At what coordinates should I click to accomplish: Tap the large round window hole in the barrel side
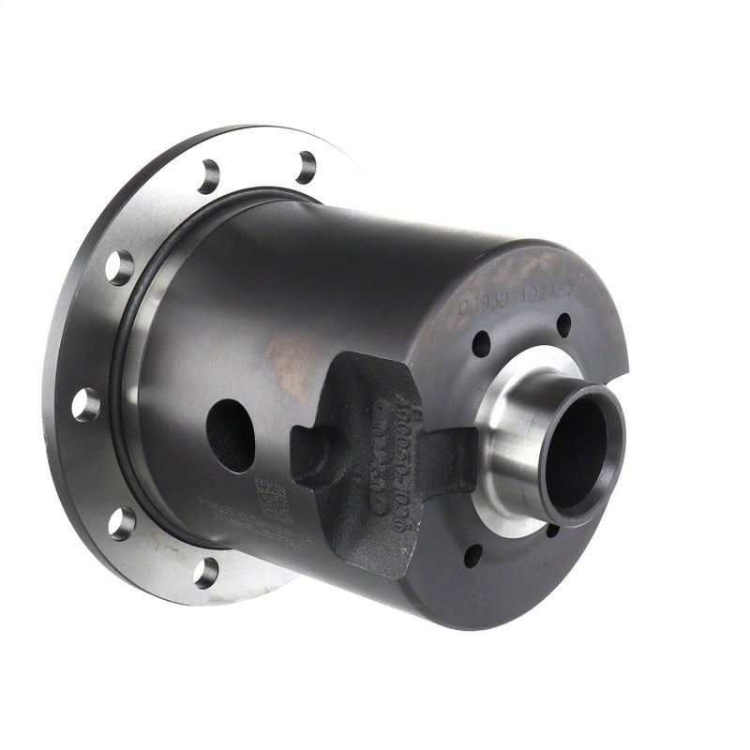(231, 435)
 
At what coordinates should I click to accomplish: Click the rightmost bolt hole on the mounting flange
(306, 167)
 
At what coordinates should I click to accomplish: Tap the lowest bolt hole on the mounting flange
(206, 571)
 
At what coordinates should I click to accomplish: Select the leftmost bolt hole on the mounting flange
(86, 404)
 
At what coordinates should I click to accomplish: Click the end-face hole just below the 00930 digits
(481, 343)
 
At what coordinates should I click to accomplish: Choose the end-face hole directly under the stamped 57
(563, 324)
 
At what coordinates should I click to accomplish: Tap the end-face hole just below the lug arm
(473, 555)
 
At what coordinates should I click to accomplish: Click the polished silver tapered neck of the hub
(511, 441)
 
